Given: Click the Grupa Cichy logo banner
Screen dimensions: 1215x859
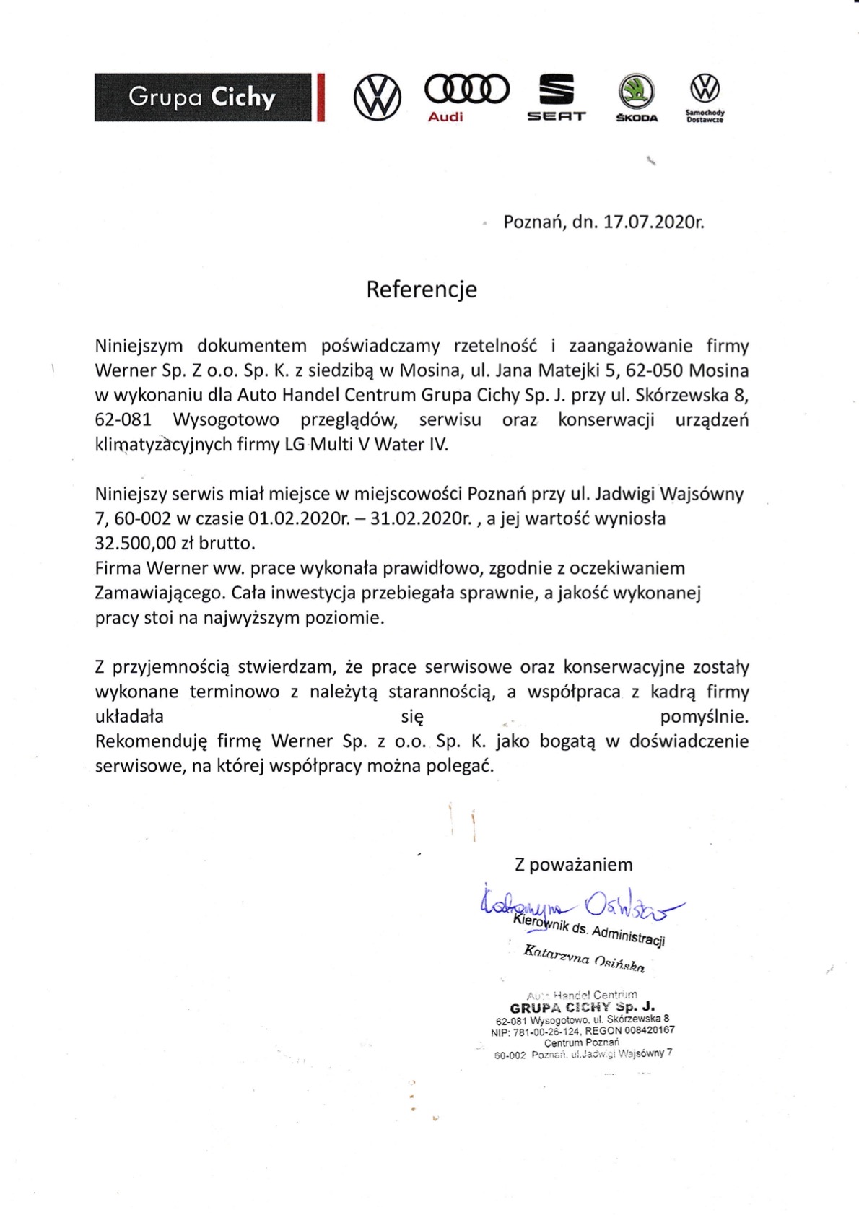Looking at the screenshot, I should pyautogui.click(x=203, y=97).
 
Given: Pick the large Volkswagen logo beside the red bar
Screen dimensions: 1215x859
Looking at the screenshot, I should pyautogui.click(x=377, y=97).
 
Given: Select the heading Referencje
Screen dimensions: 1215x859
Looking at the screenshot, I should pyautogui.click(x=422, y=289).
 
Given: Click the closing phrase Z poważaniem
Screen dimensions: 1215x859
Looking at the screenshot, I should pyautogui.click(x=573, y=865).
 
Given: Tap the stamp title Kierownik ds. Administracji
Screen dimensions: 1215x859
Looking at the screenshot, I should pyautogui.click(x=589, y=931).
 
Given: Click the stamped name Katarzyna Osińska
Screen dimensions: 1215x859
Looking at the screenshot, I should pyautogui.click(x=583, y=958).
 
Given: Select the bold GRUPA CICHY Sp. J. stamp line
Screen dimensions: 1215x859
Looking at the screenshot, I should pyautogui.click(x=582, y=1008).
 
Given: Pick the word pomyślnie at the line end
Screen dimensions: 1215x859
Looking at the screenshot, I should pyautogui.click(x=704, y=717).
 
